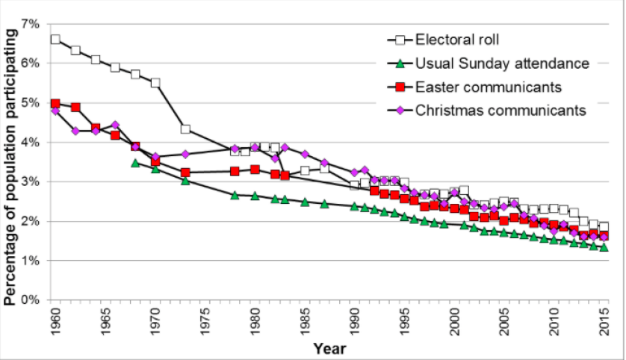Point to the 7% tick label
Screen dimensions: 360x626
(x=31, y=24)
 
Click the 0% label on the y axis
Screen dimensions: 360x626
(x=31, y=300)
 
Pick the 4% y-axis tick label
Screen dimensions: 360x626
(x=31, y=142)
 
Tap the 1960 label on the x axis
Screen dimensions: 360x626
(x=55, y=322)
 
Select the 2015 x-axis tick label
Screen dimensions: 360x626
(x=604, y=322)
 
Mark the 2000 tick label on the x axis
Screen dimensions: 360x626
(x=454, y=322)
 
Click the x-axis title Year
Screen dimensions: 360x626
(x=329, y=348)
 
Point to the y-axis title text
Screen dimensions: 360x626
(x=10, y=161)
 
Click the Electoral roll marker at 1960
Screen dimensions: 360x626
(x=55, y=39)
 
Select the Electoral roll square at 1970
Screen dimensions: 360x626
(x=155, y=82)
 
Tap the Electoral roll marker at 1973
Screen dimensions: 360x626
(x=185, y=129)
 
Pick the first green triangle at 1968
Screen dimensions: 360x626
(x=135, y=162)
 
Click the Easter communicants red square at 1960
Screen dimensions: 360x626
(x=55, y=104)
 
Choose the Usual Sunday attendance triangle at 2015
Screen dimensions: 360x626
(x=604, y=246)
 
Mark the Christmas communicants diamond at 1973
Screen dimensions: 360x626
(x=185, y=154)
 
